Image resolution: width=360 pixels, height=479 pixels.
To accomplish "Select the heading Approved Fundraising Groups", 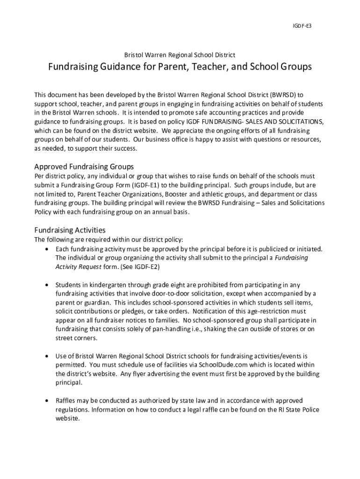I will (84, 167).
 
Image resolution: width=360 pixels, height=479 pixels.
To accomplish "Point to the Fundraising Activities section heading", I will (70, 230).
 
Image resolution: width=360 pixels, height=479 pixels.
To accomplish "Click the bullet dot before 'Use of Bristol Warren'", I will (47, 356).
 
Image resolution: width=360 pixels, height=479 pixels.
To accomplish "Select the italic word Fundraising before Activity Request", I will (291, 258).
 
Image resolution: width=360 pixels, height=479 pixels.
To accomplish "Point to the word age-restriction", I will (267, 312).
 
